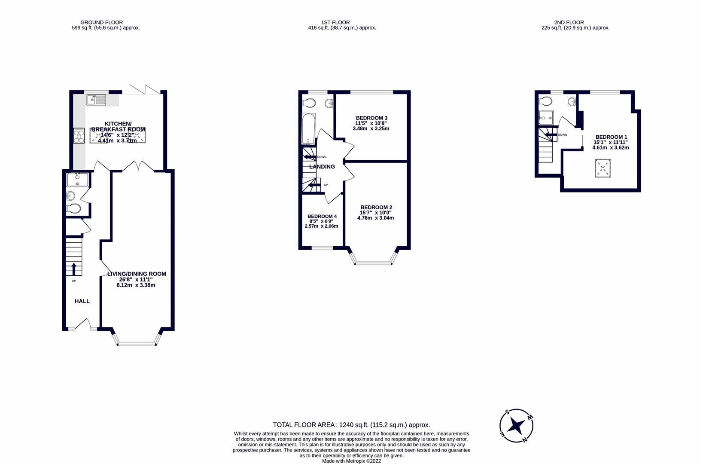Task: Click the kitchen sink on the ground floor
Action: click(97, 100)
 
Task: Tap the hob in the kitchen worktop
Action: click(79, 136)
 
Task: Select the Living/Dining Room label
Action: click(137, 274)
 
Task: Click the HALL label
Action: click(82, 301)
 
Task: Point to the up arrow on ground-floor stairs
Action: click(73, 269)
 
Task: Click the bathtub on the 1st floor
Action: click(309, 128)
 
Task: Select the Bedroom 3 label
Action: click(371, 118)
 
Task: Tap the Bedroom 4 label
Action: click(322, 216)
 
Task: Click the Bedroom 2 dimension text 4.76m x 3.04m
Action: click(375, 218)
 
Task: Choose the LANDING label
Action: click(322, 167)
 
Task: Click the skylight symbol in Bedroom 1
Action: click(603, 168)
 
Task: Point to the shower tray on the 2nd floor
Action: click(546, 118)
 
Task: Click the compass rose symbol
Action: click(516, 426)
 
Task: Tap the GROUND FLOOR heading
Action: click(101, 22)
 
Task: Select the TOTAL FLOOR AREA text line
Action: click(351, 425)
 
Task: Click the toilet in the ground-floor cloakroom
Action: click(74, 209)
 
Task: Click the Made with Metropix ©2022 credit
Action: click(351, 461)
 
